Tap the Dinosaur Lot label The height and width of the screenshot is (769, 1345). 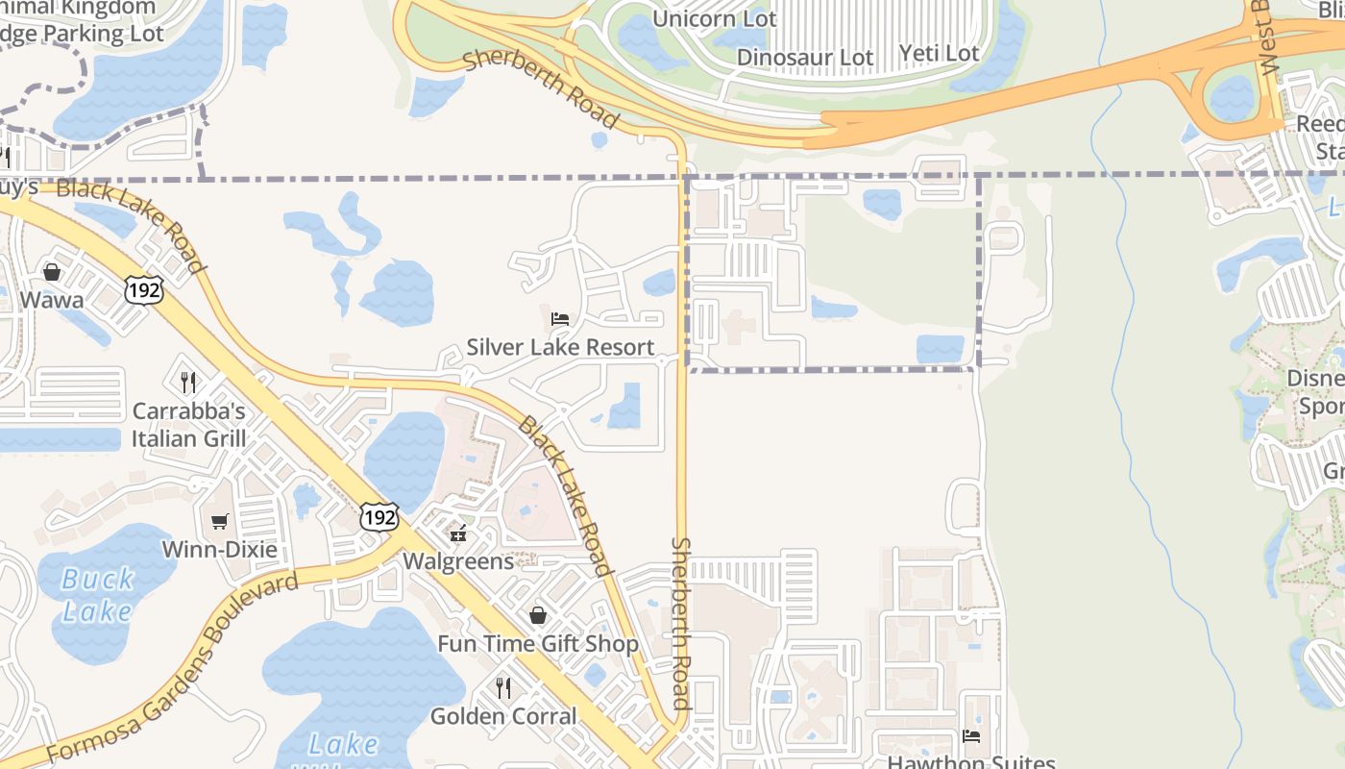tap(805, 58)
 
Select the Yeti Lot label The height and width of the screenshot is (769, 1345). tap(940, 53)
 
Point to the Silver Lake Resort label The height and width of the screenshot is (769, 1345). tap(560, 347)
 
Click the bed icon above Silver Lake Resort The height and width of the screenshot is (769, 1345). tap(560, 318)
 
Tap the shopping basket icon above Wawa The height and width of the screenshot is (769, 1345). tap(52, 272)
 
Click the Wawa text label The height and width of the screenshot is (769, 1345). tap(52, 300)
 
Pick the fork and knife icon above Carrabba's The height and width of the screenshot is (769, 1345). tap(188, 382)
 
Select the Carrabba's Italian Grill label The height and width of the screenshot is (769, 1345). tap(189, 425)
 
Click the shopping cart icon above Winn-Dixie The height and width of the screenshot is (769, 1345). tap(220, 521)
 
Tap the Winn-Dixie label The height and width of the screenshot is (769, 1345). tap(219, 550)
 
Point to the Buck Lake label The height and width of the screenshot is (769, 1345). tap(97, 595)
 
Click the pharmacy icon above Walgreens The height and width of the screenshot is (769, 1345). tap(458, 533)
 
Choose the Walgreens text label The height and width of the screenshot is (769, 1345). tap(458, 560)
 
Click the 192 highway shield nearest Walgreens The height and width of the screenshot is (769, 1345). tap(379, 517)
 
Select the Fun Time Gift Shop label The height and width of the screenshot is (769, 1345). tap(538, 644)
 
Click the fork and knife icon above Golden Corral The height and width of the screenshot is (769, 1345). tap(502, 687)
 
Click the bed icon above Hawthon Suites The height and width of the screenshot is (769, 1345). tap(971, 736)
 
